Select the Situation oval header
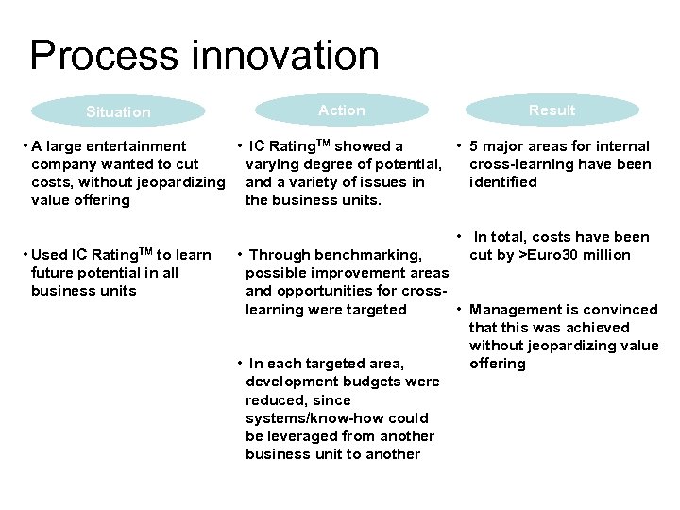[118, 111]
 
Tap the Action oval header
[341, 110]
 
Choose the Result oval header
[552, 110]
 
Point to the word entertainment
[142, 146]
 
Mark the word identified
[502, 182]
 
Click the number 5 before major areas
[474, 146]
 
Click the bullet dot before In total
[458, 236]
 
